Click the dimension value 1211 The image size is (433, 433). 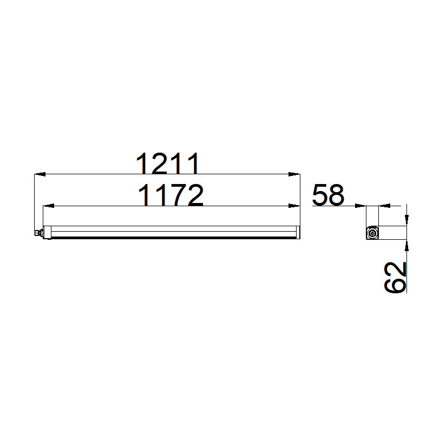click(168, 163)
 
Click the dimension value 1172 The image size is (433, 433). click(170, 195)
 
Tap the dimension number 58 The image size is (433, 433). click(329, 195)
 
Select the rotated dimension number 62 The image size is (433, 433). click(396, 277)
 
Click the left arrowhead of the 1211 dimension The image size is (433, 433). click(40, 174)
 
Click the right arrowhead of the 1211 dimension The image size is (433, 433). click(294, 174)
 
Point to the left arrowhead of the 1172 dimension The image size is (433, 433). click(49, 206)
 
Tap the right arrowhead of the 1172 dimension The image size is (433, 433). click(294, 206)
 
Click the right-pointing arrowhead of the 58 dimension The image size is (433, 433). click(360, 206)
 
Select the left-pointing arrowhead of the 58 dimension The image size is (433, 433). click(384, 206)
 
